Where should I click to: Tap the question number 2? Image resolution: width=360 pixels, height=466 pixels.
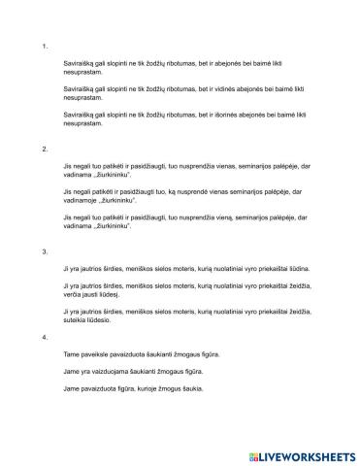(x=45, y=149)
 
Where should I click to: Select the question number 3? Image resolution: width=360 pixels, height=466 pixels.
(x=45, y=250)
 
